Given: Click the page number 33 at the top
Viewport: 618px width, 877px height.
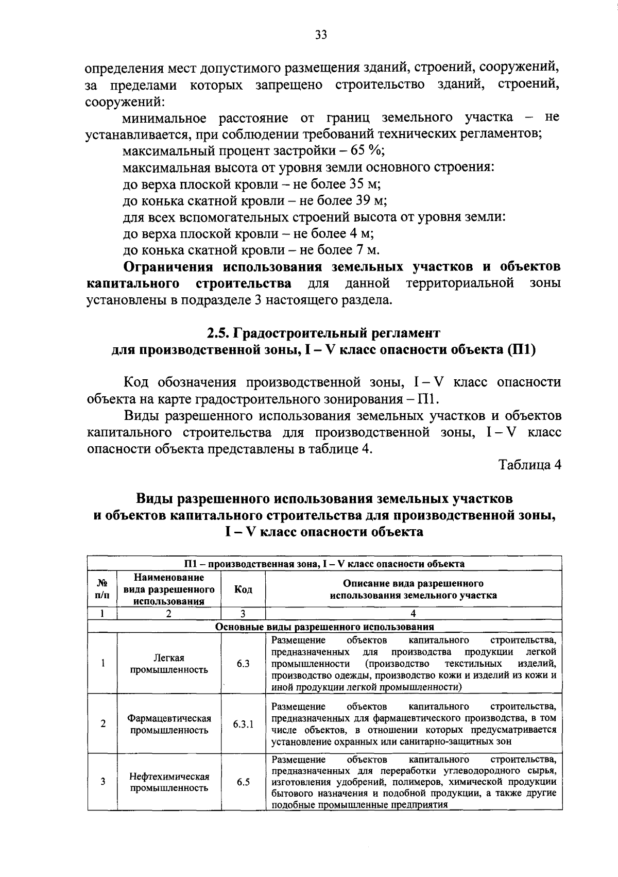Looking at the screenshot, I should pyautogui.click(x=320, y=35).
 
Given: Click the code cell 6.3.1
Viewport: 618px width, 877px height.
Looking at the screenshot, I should pyautogui.click(x=243, y=724).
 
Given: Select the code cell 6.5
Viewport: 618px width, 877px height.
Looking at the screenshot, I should pyautogui.click(x=243, y=782).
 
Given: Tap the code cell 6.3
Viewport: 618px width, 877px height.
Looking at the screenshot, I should pyautogui.click(x=243, y=664).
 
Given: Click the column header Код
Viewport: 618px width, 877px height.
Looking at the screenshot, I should pyautogui.click(x=243, y=589).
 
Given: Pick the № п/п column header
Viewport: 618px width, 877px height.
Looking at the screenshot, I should pyautogui.click(x=103, y=589).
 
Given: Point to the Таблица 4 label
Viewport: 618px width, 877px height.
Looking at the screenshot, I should pyautogui.click(x=530, y=465).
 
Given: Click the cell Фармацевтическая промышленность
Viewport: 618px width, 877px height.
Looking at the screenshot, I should pyautogui.click(x=169, y=724).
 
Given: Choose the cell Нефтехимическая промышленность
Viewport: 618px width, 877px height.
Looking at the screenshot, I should pyautogui.click(x=169, y=782).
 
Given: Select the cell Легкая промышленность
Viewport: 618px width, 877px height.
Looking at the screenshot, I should pyautogui.click(x=169, y=664).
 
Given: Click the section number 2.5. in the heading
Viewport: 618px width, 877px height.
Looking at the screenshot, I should pyautogui.click(x=218, y=333).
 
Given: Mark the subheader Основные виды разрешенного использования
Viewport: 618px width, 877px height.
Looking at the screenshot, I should pyautogui.click(x=324, y=627).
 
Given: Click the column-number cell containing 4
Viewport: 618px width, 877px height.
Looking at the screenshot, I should pyautogui.click(x=413, y=613).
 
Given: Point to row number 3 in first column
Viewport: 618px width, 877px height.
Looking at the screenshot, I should pyautogui.click(x=103, y=782).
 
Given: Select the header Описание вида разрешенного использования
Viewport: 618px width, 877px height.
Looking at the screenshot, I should pyautogui.click(x=413, y=589).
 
